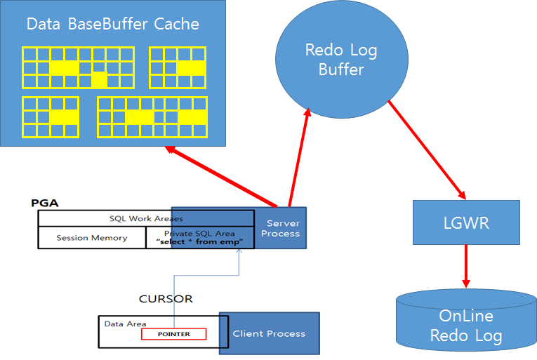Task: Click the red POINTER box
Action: (x=173, y=334)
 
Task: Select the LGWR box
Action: (x=466, y=222)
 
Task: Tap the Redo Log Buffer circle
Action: (x=341, y=60)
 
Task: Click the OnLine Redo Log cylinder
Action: (x=466, y=320)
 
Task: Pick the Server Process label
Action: (x=281, y=229)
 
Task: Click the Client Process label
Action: (x=269, y=333)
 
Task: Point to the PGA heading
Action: (x=45, y=203)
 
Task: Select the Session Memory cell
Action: (x=92, y=238)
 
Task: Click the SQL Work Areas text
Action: (x=146, y=218)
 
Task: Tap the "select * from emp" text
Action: (x=199, y=242)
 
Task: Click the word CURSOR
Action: (x=166, y=299)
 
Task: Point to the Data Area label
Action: (x=125, y=324)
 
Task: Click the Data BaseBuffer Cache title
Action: (x=113, y=24)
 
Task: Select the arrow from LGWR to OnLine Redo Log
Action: (x=466, y=266)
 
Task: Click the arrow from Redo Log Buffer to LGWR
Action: (x=427, y=149)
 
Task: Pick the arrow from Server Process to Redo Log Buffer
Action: (x=299, y=158)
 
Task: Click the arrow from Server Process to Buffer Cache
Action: (x=221, y=177)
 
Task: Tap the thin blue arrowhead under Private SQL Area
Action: (x=239, y=251)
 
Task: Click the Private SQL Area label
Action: (x=199, y=234)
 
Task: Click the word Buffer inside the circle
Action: (x=341, y=69)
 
